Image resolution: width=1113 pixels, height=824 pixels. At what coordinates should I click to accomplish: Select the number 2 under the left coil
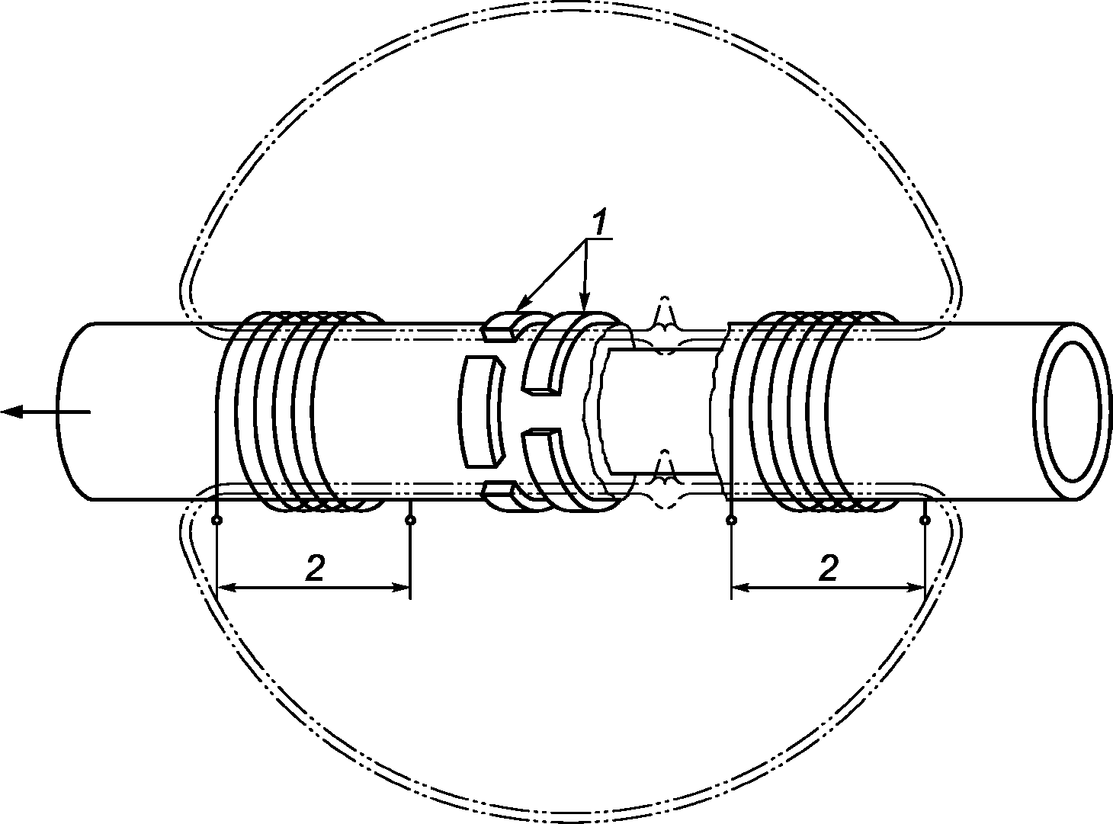pos(315,568)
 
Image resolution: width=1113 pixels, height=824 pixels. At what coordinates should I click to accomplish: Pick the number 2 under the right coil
pos(828,568)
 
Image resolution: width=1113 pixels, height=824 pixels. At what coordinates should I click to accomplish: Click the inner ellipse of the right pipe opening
pos(1076,411)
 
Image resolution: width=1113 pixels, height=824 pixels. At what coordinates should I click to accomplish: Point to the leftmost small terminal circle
pos(217,521)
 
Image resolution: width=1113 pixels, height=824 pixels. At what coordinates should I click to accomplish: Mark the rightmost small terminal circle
pos(925,521)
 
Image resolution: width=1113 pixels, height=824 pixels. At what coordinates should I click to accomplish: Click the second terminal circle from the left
pos(410,521)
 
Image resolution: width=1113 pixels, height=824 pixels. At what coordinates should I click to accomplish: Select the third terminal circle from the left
pos(732,521)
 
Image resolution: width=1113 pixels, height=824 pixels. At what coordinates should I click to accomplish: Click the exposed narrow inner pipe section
pos(662,411)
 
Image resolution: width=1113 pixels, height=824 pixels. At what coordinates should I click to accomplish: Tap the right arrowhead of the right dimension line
pos(915,587)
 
